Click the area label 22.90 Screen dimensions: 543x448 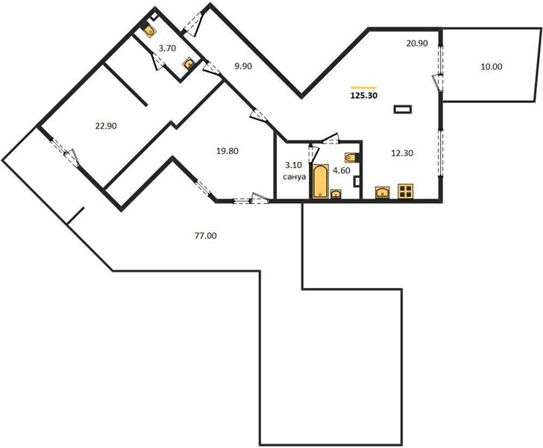coord(106,126)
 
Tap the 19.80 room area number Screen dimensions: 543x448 coord(227,151)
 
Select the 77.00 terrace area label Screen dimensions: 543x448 coord(206,236)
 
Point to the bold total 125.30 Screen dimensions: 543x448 coord(364,96)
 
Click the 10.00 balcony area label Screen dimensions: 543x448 coord(492,66)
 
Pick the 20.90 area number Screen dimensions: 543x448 coord(417,43)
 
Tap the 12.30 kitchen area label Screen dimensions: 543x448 coord(402,153)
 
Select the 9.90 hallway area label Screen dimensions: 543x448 coord(243,66)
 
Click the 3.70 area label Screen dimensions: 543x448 coord(167,49)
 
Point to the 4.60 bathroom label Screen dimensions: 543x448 coord(341,170)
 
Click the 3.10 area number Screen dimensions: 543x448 coord(293,165)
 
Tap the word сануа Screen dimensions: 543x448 coord(295,177)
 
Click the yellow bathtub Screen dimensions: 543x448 coord(320,181)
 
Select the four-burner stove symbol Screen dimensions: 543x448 coord(406,191)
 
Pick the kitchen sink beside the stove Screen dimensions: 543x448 coord(383,193)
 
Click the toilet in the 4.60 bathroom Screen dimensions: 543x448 coord(353,158)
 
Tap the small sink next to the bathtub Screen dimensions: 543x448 coord(336,194)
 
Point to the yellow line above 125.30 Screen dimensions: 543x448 coord(363,87)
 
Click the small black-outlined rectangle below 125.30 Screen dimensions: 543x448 coord(403,109)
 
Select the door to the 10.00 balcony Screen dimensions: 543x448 coord(437,81)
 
